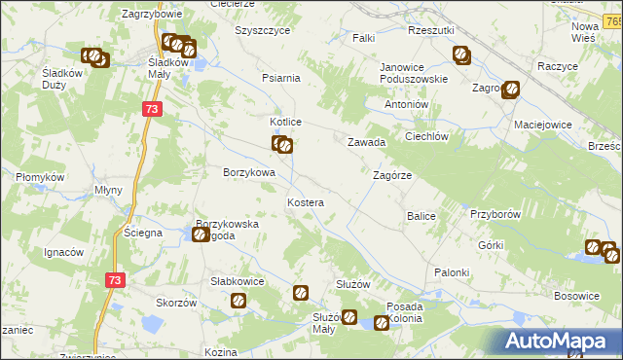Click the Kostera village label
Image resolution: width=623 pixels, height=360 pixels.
305,201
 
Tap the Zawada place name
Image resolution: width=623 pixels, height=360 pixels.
368,142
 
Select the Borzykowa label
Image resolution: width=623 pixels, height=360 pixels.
249,172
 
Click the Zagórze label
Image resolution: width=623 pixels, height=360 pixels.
393,176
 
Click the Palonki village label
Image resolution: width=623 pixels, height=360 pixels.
453,272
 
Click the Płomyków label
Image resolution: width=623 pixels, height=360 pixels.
40,177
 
